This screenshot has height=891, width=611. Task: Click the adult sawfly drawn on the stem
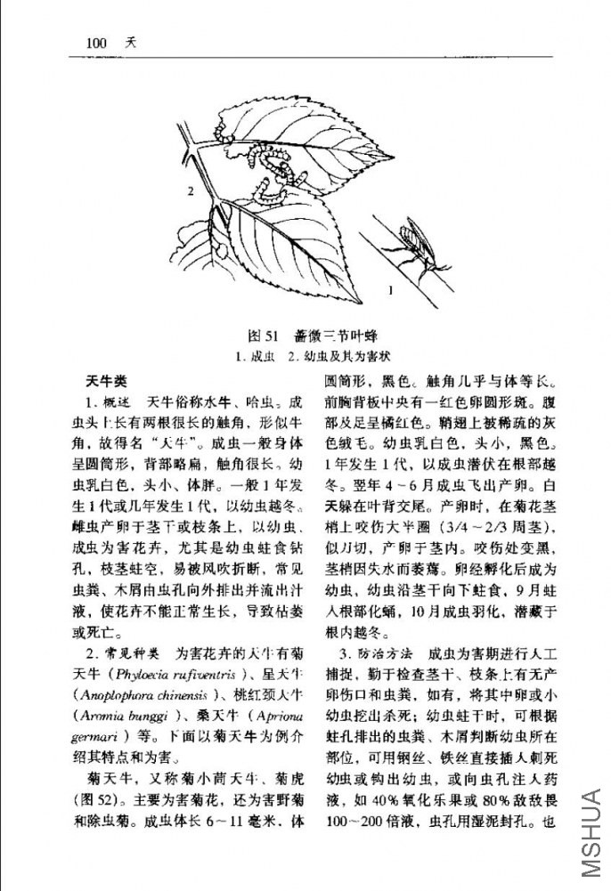pos(414,238)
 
